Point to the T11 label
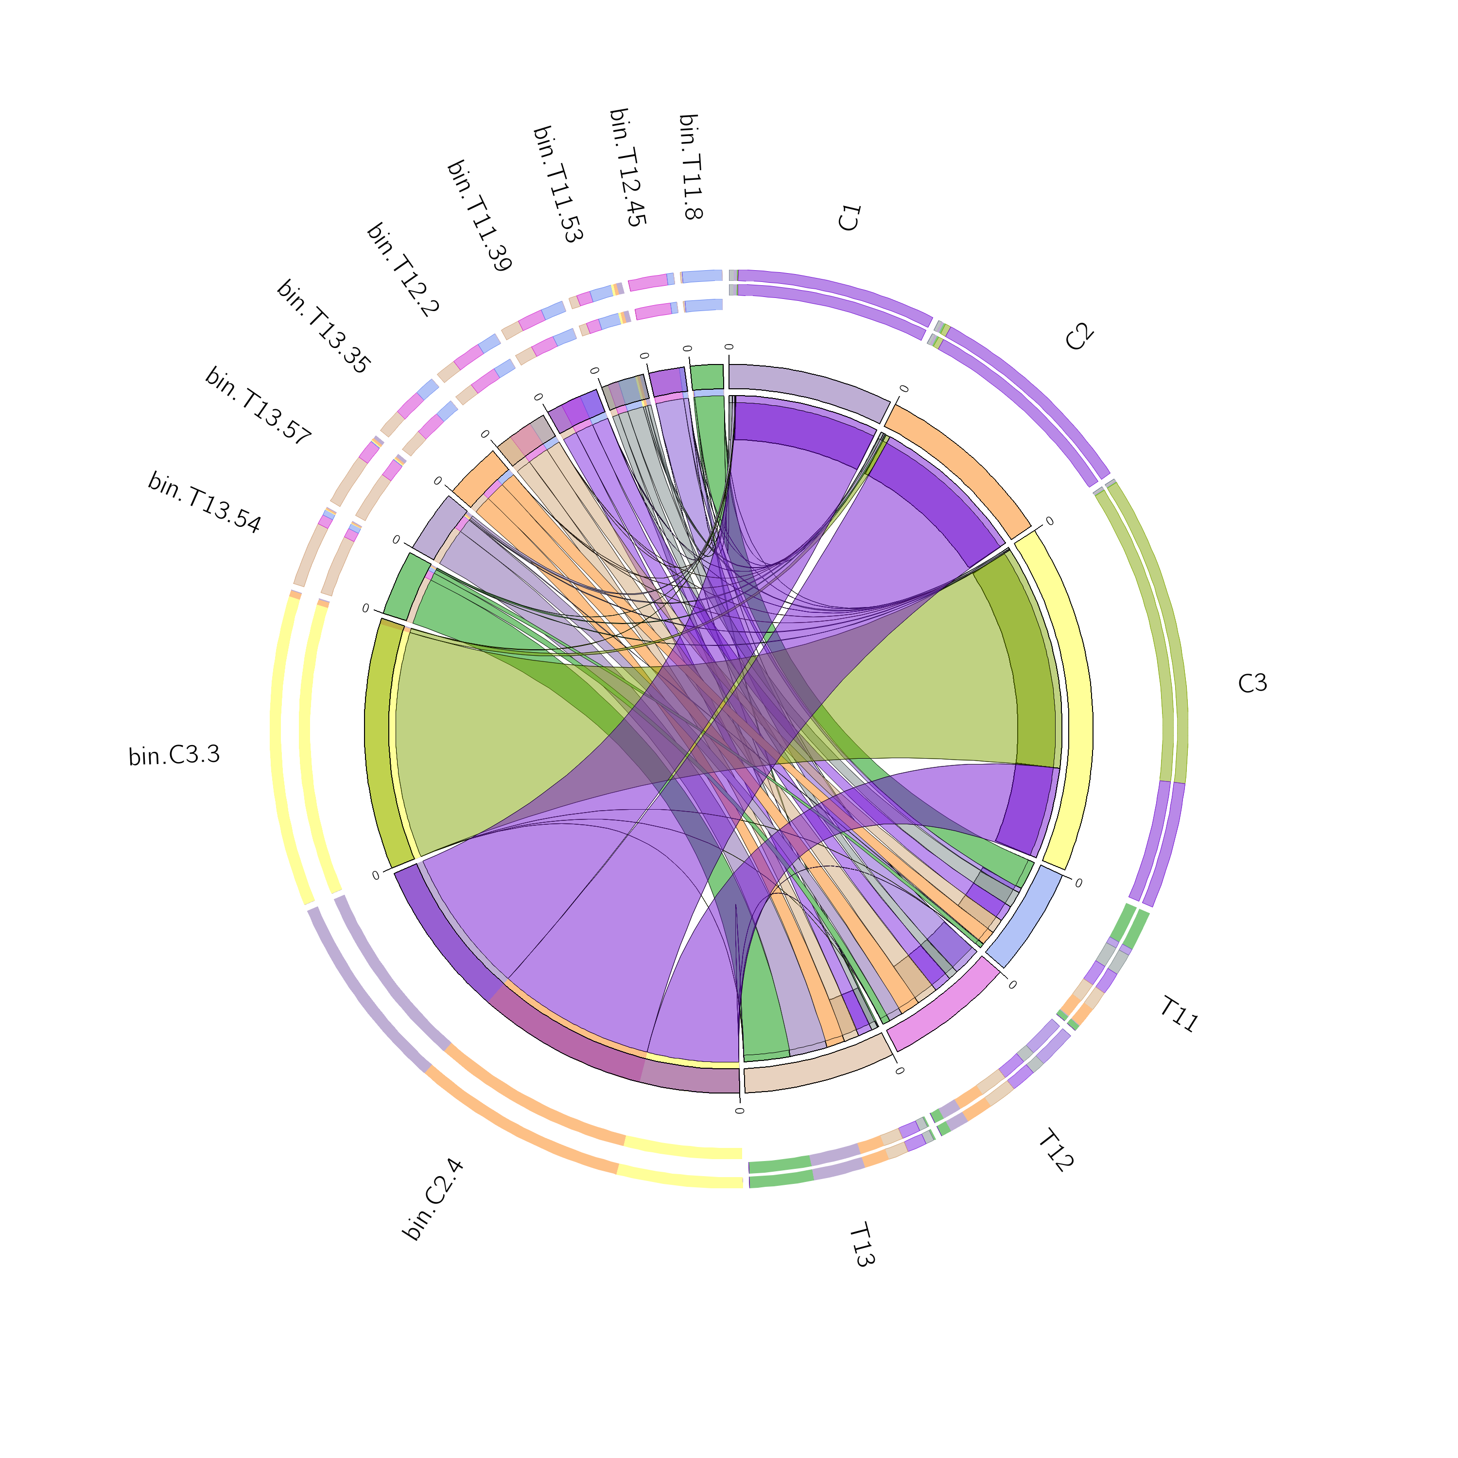[1179, 1014]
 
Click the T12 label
[1055, 1150]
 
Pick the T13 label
[863, 1245]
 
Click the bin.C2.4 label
[433, 1200]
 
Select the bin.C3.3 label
[174, 755]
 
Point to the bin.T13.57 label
[258, 406]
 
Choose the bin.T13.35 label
[324, 326]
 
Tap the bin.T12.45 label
[627, 168]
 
